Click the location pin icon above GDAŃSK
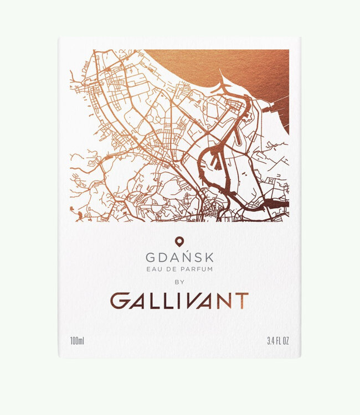pyautogui.click(x=179, y=241)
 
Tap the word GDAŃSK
pyautogui.click(x=179, y=258)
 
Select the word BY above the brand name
pyautogui.click(x=179, y=282)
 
